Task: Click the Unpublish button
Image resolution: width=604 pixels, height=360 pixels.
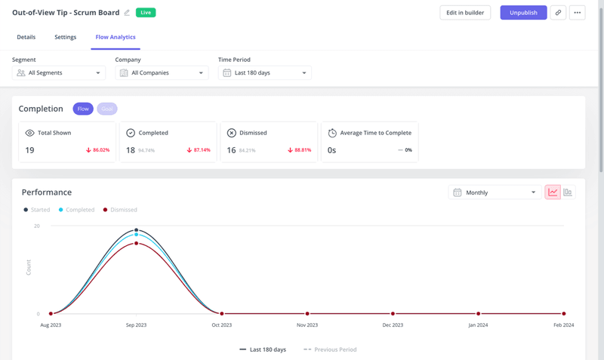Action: coord(523,13)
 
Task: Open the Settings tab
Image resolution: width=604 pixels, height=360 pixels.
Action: coord(65,37)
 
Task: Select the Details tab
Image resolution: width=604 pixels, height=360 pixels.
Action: coord(26,37)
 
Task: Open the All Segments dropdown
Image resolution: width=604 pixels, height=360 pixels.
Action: coord(59,73)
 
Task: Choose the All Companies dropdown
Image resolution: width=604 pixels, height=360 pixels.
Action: coord(162,73)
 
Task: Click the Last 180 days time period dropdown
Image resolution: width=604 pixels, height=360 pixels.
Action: coord(264,73)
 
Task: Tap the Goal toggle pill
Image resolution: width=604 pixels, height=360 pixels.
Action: coord(107,109)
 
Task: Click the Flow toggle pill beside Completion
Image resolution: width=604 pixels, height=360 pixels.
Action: coord(83,109)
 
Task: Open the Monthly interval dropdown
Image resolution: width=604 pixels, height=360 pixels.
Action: coord(494,192)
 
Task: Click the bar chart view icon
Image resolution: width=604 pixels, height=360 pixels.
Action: coord(568,192)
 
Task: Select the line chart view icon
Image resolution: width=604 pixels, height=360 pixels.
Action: coord(553,192)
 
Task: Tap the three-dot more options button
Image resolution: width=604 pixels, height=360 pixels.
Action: coord(578,13)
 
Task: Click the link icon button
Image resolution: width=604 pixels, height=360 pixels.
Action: coord(558,13)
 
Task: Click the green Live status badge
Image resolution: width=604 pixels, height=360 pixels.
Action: coord(146,13)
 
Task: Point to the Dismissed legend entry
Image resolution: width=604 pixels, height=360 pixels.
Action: coord(120,210)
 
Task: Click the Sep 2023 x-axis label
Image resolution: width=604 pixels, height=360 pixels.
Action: coord(136,325)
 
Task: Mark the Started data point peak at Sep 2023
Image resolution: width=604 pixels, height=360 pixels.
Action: coord(136,230)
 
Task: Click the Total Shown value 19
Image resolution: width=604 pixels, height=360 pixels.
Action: coord(29,150)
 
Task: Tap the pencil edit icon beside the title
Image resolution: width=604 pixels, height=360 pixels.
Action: coord(127,13)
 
